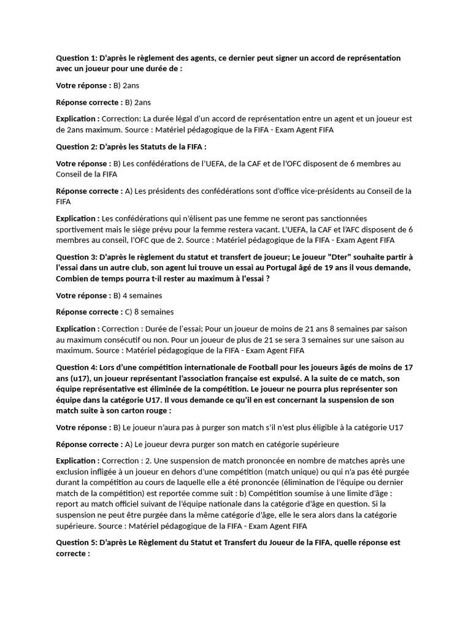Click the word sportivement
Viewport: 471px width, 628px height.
80,229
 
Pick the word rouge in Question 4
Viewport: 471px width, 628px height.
156,411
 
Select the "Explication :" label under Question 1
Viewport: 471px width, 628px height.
78,118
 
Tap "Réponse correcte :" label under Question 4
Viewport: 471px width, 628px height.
89,444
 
